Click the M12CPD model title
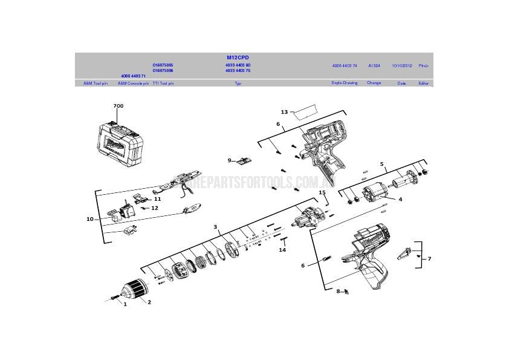pos(238,57)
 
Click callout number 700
pos(118,106)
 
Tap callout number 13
pos(284,112)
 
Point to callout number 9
pos(230,160)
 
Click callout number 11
pos(157,198)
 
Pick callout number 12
pos(155,208)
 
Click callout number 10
pos(90,219)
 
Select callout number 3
pos(215,227)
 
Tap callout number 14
pos(282,249)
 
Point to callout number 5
pos(381,163)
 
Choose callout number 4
pos(400,198)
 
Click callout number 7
pos(429,258)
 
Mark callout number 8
pos(339,292)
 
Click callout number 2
pos(149,302)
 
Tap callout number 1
pos(125,304)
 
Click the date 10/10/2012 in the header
pos(401,65)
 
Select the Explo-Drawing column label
pos(345,83)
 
